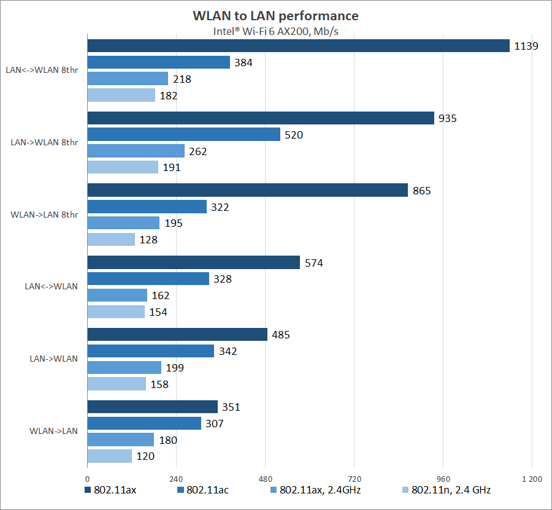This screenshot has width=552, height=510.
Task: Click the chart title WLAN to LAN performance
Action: (275, 15)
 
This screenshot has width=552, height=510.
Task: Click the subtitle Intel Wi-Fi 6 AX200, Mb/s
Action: (275, 31)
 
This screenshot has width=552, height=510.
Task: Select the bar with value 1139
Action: (298, 46)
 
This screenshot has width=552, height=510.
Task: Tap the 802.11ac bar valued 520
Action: (184, 134)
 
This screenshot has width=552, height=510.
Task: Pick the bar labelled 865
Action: (247, 190)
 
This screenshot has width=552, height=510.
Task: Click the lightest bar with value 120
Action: (110, 456)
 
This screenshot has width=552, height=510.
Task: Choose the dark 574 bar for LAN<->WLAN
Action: (194, 262)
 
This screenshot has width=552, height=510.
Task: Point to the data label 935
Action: (447, 118)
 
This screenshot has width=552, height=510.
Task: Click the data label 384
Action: (243, 63)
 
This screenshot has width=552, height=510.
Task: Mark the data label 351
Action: (231, 407)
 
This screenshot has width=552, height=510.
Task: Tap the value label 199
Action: (174, 368)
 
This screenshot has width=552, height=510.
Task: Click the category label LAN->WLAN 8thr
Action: (44, 142)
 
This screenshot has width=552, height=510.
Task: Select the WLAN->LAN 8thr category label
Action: (44, 215)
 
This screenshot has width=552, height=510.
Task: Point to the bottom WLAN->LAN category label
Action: (53, 431)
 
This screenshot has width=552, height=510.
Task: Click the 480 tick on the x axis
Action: (265, 479)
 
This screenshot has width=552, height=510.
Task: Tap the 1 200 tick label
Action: (531, 479)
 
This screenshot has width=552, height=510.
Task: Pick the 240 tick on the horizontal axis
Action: (176, 479)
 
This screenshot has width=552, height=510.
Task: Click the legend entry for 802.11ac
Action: (202, 490)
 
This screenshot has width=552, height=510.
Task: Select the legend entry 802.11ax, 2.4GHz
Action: (319, 490)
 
